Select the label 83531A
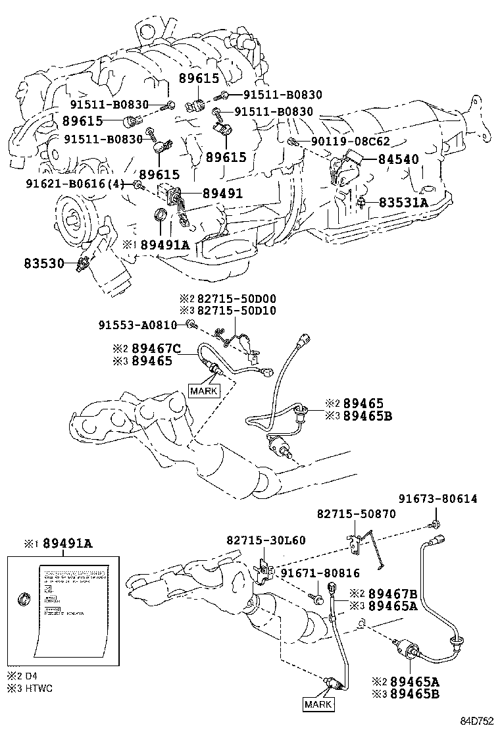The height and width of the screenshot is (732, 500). pyautogui.click(x=403, y=203)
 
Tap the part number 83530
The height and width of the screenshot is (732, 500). pyautogui.click(x=44, y=263)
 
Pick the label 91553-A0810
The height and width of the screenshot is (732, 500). pyautogui.click(x=138, y=325)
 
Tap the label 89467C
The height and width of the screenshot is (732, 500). pyautogui.click(x=161, y=348)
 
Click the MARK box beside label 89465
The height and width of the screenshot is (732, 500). pyautogui.click(x=203, y=390)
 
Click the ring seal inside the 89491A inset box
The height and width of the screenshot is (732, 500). pyautogui.click(x=24, y=598)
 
